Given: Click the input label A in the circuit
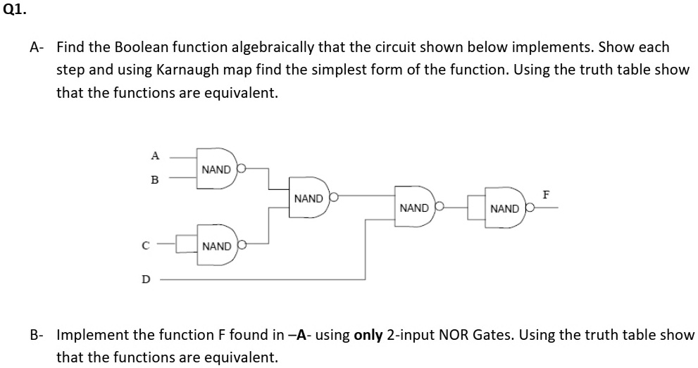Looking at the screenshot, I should pyautogui.click(x=155, y=156).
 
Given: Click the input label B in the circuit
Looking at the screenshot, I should pyautogui.click(x=154, y=179).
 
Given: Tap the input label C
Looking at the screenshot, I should pyautogui.click(x=146, y=246).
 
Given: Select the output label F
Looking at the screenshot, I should pyautogui.click(x=545, y=192).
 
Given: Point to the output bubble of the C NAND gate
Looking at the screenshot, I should pyautogui.click(x=242, y=246).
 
